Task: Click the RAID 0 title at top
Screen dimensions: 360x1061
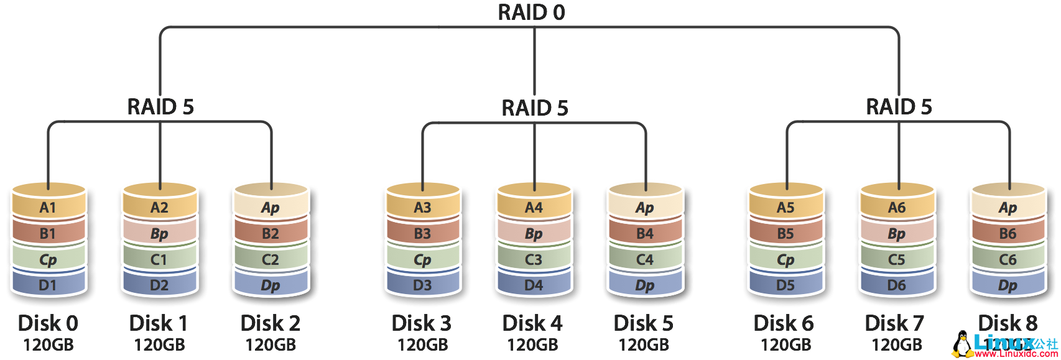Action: coord(532,12)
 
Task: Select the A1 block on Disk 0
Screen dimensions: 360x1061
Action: coord(48,208)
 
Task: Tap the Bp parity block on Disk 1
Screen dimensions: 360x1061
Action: coord(159,234)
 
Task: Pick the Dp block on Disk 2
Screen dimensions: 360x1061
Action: coord(271,285)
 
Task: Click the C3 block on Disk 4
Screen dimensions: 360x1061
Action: coord(534,260)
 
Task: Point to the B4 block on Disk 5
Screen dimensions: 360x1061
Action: coord(645,234)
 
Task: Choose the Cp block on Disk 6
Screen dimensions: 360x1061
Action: coord(785,260)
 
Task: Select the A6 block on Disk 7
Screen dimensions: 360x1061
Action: coord(897,208)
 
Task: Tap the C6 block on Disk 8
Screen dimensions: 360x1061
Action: coord(1008,260)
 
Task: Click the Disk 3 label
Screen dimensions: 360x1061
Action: coord(422,323)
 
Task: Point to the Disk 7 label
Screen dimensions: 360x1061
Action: coord(894,323)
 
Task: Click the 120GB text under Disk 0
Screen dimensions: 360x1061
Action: coord(48,344)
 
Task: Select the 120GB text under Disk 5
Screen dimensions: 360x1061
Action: coord(644,344)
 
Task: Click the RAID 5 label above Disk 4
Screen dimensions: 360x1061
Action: coord(535,108)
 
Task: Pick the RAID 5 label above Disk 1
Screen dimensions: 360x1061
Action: coord(160,107)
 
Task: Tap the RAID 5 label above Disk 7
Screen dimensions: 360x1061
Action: coord(899,107)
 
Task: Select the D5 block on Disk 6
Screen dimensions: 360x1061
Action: coord(785,285)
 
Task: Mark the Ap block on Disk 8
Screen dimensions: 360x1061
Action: coord(1008,208)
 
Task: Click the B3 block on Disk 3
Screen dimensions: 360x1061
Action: coord(422,234)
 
